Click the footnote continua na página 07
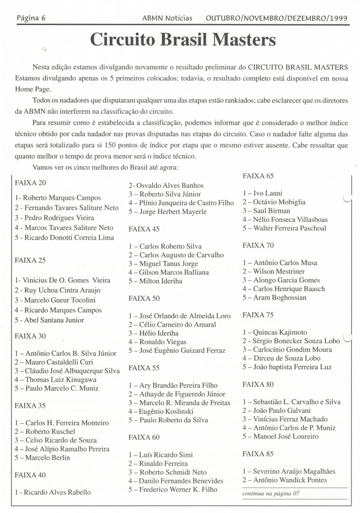[x=271, y=493]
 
